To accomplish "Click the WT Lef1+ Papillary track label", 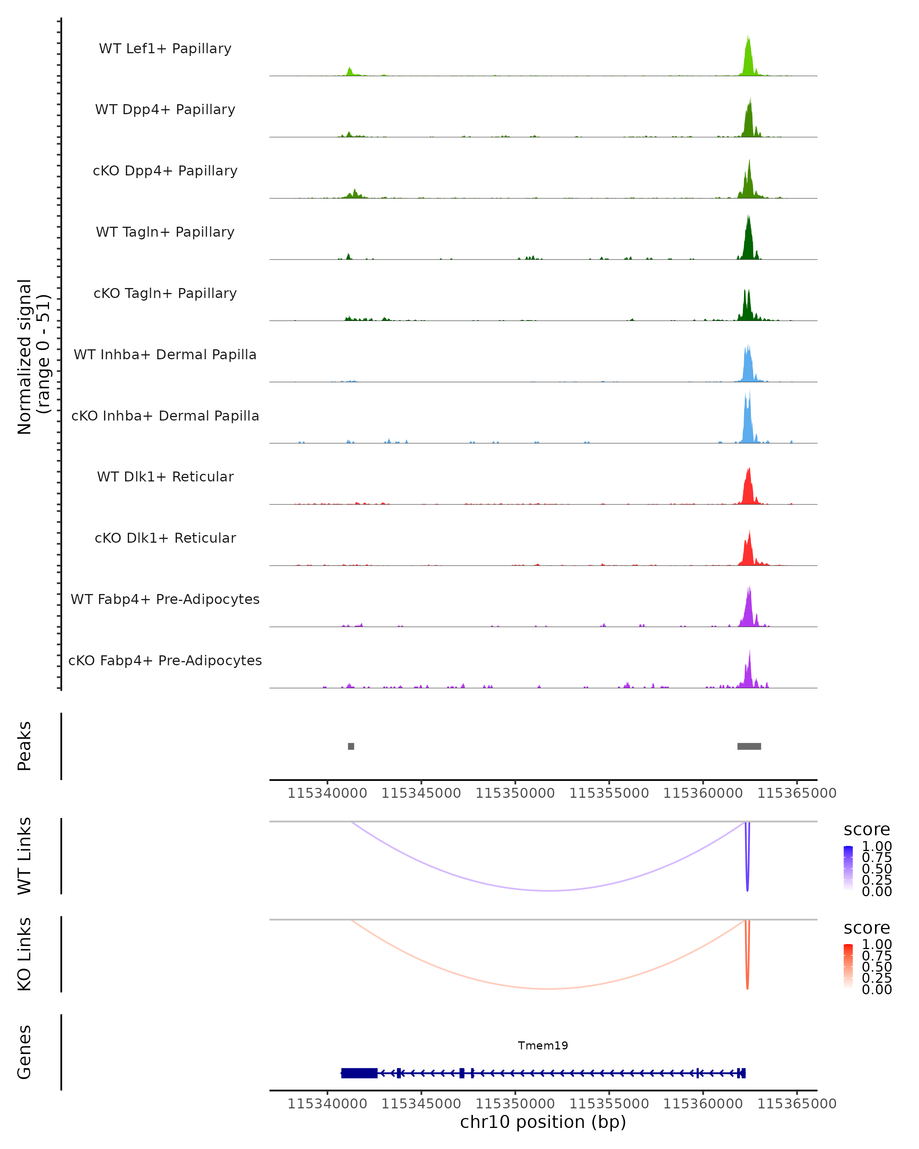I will click(x=165, y=49).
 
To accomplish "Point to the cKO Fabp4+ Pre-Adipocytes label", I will click(x=165, y=660).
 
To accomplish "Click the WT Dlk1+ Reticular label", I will click(x=165, y=476).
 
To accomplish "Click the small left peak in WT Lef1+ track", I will click(x=350, y=71).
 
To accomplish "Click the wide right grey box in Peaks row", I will click(x=749, y=746).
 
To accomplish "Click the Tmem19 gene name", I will click(x=543, y=1046).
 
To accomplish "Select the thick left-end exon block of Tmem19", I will click(x=359, y=1073).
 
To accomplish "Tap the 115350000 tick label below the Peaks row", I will click(x=515, y=793).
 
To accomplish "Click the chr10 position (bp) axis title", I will click(x=543, y=1122).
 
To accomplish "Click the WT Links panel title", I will click(x=25, y=856).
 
